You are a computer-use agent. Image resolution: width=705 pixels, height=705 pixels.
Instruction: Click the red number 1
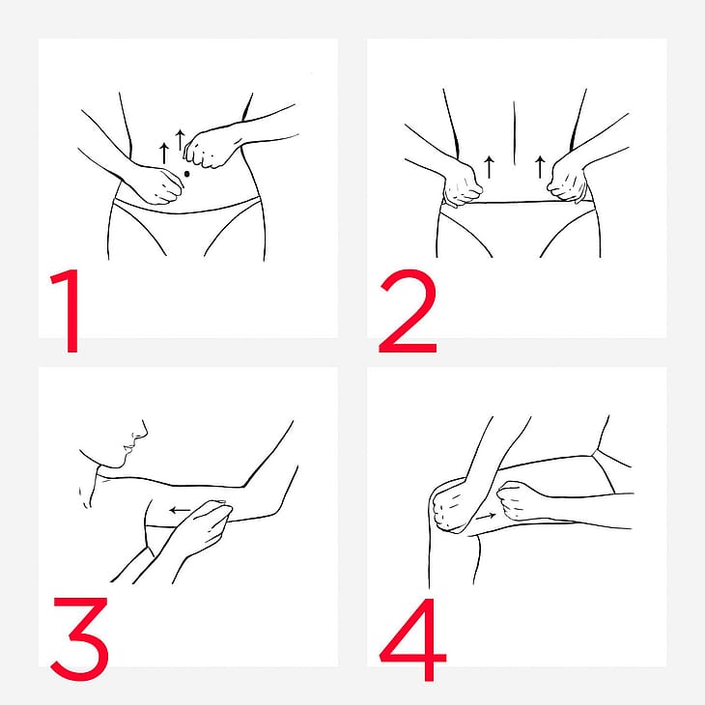(x=68, y=311)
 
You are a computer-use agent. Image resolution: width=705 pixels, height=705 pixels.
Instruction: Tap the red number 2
(x=408, y=311)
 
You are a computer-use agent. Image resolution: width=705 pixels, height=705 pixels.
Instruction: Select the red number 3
(x=80, y=639)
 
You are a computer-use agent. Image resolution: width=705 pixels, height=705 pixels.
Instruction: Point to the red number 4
(x=413, y=639)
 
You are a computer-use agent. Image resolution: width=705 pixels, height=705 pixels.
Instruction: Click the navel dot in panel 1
(x=187, y=174)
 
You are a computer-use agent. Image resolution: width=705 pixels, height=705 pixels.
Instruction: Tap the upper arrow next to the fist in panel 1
(x=181, y=139)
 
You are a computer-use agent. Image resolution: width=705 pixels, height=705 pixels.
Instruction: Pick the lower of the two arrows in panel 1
(x=164, y=154)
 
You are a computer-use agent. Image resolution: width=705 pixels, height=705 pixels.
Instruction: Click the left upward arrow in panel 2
(x=490, y=167)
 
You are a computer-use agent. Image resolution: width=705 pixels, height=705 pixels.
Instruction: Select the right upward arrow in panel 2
(x=540, y=167)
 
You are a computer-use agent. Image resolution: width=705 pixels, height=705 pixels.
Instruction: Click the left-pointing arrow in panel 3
(x=180, y=510)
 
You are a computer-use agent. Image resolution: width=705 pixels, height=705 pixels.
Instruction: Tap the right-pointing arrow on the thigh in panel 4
(x=486, y=517)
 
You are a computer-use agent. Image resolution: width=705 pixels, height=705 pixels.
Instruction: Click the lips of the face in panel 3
(x=127, y=448)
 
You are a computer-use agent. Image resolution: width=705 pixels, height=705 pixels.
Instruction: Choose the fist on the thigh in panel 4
(x=517, y=500)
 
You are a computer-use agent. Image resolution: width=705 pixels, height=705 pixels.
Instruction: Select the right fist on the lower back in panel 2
(x=568, y=183)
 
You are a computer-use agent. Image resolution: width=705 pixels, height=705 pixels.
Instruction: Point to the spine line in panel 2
(x=515, y=133)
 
